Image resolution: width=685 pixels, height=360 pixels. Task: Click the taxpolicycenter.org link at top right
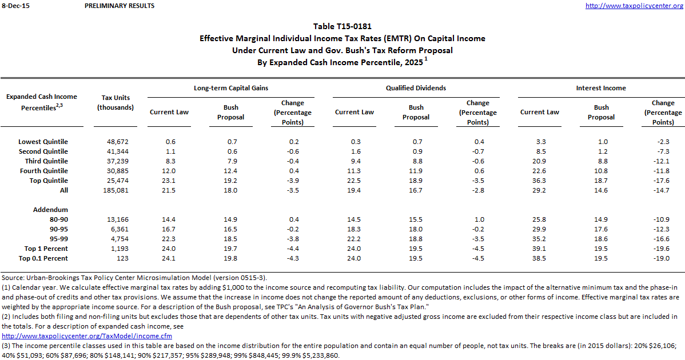634,6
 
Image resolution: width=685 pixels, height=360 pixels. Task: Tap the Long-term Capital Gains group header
231,88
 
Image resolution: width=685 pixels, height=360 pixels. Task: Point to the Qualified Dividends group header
416,88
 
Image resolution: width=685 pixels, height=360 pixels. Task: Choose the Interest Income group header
601,88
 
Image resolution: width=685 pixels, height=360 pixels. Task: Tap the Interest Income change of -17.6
663,181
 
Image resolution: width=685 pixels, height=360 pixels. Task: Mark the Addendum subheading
51,210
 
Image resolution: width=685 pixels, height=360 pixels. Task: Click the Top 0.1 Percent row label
43,258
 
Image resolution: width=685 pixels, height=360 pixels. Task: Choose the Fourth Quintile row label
44,171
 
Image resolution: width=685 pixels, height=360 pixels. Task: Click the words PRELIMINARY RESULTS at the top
119,6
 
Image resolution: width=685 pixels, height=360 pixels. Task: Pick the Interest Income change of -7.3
663,151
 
